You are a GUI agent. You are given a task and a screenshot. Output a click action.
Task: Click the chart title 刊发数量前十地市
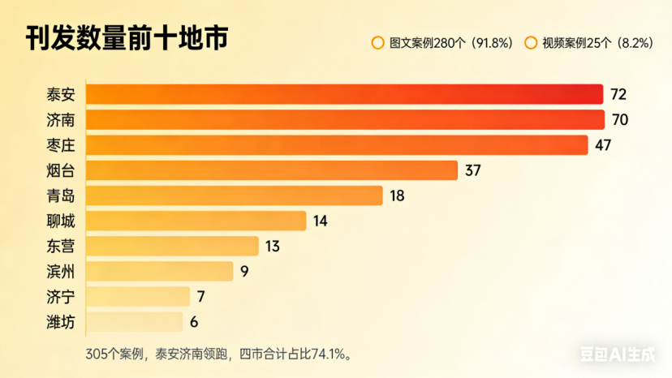click(x=126, y=38)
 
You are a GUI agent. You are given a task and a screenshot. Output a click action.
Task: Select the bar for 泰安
click(x=344, y=94)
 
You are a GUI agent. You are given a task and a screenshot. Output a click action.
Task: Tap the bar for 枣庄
click(x=336, y=145)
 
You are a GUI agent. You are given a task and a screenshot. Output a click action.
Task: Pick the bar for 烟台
click(x=272, y=170)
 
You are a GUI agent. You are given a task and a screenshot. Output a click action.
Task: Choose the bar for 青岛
click(x=234, y=195)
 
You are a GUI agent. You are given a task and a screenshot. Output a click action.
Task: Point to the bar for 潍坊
click(x=134, y=322)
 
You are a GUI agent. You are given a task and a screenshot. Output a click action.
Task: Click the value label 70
click(x=620, y=120)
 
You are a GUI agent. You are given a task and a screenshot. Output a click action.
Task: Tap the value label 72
click(x=618, y=94)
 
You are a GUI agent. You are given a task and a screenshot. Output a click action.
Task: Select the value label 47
click(x=602, y=145)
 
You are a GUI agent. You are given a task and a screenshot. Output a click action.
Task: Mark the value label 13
click(x=273, y=246)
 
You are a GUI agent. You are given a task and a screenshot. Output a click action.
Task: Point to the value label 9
click(x=243, y=271)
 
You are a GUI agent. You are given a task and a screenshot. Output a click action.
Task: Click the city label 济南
click(x=61, y=120)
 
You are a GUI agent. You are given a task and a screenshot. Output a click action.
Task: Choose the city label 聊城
click(x=61, y=221)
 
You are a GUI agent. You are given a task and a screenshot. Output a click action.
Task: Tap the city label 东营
click(x=61, y=246)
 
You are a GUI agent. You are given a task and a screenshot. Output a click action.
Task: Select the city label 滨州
click(x=61, y=271)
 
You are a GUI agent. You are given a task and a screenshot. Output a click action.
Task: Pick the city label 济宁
click(x=61, y=297)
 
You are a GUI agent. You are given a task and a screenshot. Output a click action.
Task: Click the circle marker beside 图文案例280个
click(x=377, y=43)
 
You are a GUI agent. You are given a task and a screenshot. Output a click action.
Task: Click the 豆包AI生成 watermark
click(x=621, y=353)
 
